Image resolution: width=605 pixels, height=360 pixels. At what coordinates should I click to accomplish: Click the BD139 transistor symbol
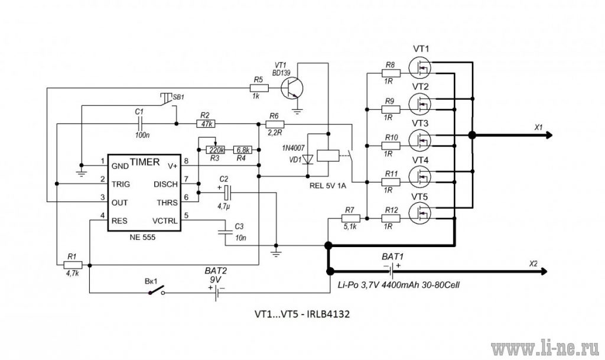(x=292, y=88)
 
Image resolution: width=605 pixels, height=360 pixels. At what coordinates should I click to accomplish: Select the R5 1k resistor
(x=258, y=88)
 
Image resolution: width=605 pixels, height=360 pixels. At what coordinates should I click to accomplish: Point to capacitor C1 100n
(x=140, y=124)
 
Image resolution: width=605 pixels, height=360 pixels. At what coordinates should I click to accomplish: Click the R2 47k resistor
(x=206, y=124)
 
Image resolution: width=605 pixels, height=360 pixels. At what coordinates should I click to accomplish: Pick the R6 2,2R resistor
(x=275, y=124)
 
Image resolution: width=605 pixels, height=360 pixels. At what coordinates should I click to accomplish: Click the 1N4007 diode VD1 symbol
(x=307, y=160)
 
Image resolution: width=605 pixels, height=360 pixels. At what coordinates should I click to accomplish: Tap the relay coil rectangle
(x=328, y=155)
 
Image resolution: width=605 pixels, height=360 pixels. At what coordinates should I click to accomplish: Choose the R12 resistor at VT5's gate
(x=391, y=218)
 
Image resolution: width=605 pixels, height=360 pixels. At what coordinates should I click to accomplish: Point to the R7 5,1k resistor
(x=350, y=218)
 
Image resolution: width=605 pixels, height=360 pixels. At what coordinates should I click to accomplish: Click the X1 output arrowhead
(x=549, y=135)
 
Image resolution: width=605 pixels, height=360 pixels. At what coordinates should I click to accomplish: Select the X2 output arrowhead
(x=544, y=272)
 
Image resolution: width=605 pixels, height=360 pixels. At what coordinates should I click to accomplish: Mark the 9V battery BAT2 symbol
(x=216, y=293)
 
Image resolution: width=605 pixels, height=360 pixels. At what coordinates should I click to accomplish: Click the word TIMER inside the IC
(x=144, y=162)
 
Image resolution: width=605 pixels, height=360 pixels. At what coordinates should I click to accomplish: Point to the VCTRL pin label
(x=165, y=221)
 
